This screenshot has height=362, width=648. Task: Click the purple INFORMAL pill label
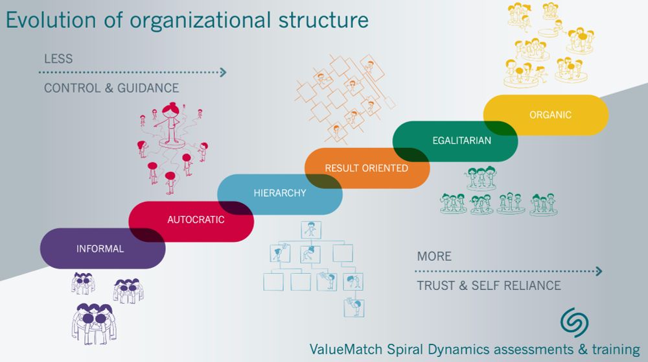100,248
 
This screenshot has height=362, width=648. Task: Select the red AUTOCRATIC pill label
196,220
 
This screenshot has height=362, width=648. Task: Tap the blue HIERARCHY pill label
280,193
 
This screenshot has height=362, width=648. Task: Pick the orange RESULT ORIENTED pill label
366,168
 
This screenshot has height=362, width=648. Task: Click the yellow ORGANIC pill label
550,115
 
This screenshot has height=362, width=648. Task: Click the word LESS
58,59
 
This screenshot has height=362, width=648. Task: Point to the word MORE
434,256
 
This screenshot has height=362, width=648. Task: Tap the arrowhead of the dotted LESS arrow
223,73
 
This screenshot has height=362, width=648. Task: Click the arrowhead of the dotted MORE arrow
599,271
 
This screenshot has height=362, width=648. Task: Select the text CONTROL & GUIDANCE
111,88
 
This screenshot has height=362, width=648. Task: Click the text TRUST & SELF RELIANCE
489,285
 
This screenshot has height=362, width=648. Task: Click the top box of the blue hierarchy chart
312,230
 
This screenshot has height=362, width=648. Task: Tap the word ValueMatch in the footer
347,348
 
